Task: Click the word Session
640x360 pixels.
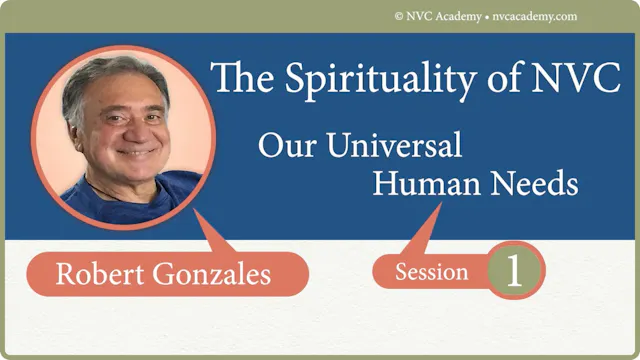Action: (431, 272)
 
